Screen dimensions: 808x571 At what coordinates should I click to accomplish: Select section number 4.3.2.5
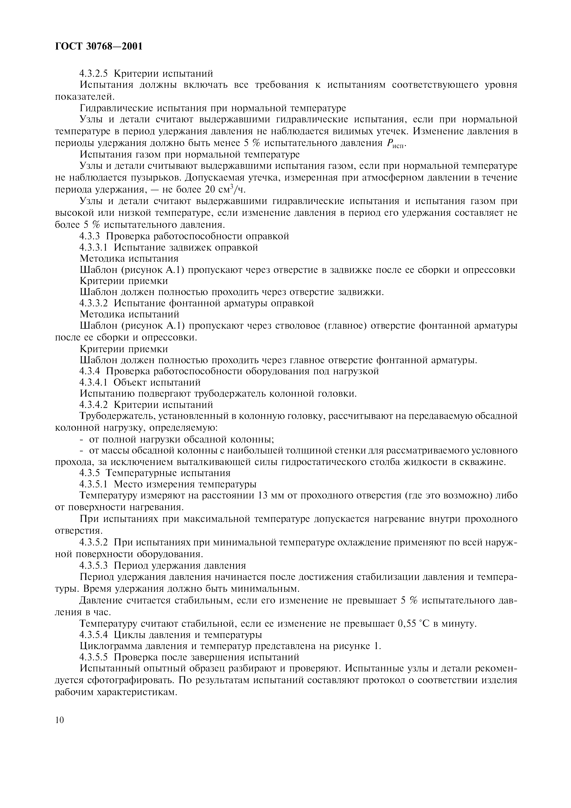[x=94, y=73]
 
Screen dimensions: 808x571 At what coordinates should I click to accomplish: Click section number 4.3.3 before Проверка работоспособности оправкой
[x=90, y=236]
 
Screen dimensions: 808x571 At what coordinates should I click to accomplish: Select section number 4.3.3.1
[x=94, y=247]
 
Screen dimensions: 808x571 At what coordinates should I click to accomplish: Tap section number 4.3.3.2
[x=94, y=303]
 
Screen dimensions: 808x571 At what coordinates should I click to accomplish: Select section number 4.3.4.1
[x=94, y=382]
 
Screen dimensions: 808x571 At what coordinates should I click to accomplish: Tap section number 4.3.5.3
[x=94, y=565]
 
